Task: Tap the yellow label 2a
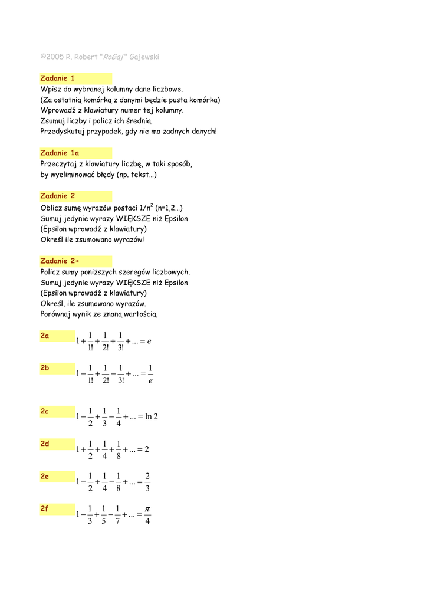click(x=45, y=336)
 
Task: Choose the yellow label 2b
click(x=45, y=368)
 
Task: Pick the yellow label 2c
click(x=45, y=412)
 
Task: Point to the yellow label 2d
click(x=45, y=444)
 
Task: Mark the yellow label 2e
click(x=45, y=476)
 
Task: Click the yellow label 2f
click(x=45, y=508)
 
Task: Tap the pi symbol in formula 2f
click(x=147, y=508)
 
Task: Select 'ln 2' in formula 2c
click(x=152, y=416)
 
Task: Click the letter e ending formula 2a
click(x=150, y=341)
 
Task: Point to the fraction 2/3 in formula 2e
click(x=147, y=482)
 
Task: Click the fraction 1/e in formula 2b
click(x=150, y=373)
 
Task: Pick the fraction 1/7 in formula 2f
click(x=117, y=514)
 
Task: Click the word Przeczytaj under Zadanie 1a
click(x=58, y=163)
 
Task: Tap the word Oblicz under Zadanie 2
click(x=51, y=208)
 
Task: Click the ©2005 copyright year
click(x=52, y=57)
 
